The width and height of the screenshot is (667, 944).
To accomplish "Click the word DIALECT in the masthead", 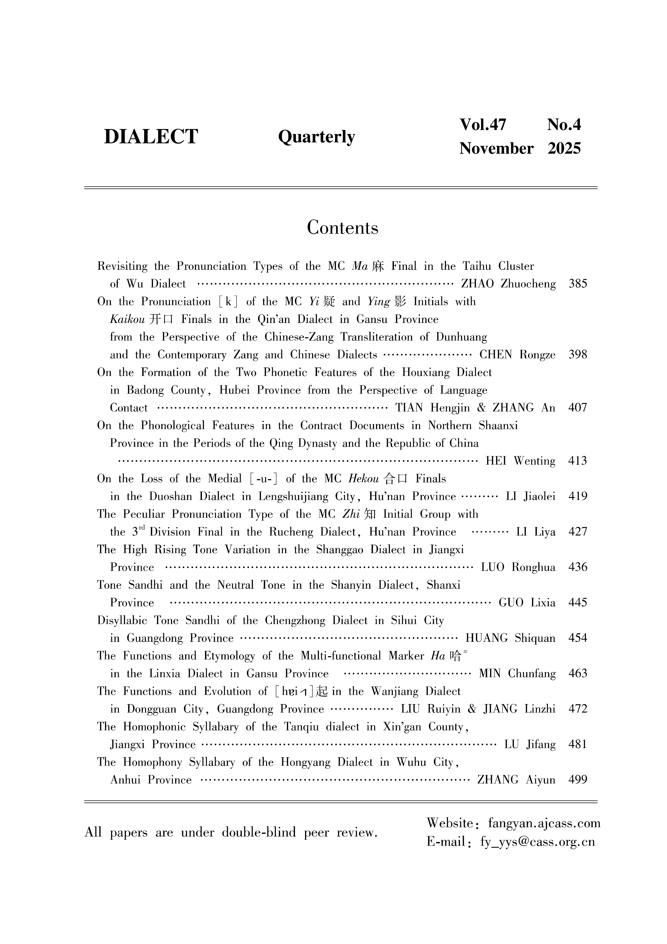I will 151,136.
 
